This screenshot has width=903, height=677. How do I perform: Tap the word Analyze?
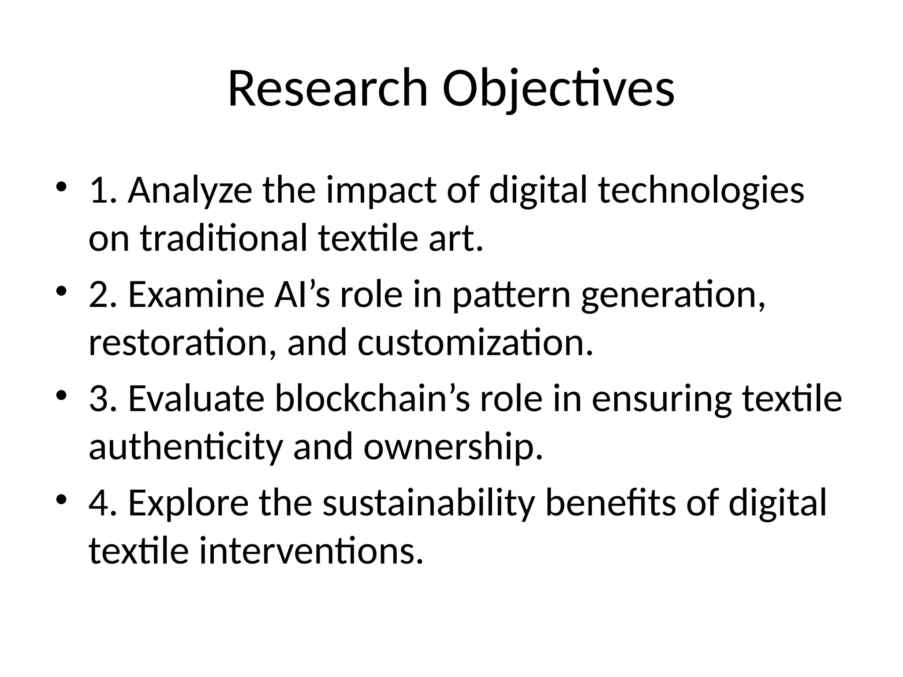190,191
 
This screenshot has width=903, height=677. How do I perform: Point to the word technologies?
701,191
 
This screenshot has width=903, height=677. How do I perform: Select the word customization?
475,342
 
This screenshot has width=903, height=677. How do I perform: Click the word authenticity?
185,446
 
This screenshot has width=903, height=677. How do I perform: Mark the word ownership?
453,446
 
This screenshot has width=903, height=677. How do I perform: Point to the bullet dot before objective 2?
61,291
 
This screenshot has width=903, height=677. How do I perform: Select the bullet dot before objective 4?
61,499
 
